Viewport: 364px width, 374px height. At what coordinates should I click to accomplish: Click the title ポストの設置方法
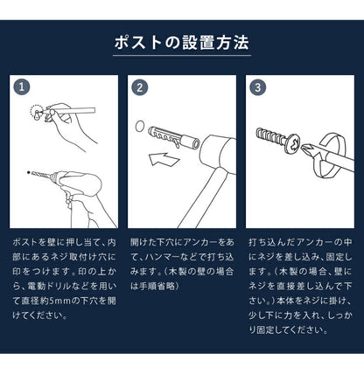[x=181, y=42]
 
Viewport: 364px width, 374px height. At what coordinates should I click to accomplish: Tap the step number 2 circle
[x=139, y=87]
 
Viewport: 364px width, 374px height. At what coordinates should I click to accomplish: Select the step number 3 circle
[x=257, y=87]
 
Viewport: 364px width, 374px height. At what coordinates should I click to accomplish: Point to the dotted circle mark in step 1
[x=36, y=111]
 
